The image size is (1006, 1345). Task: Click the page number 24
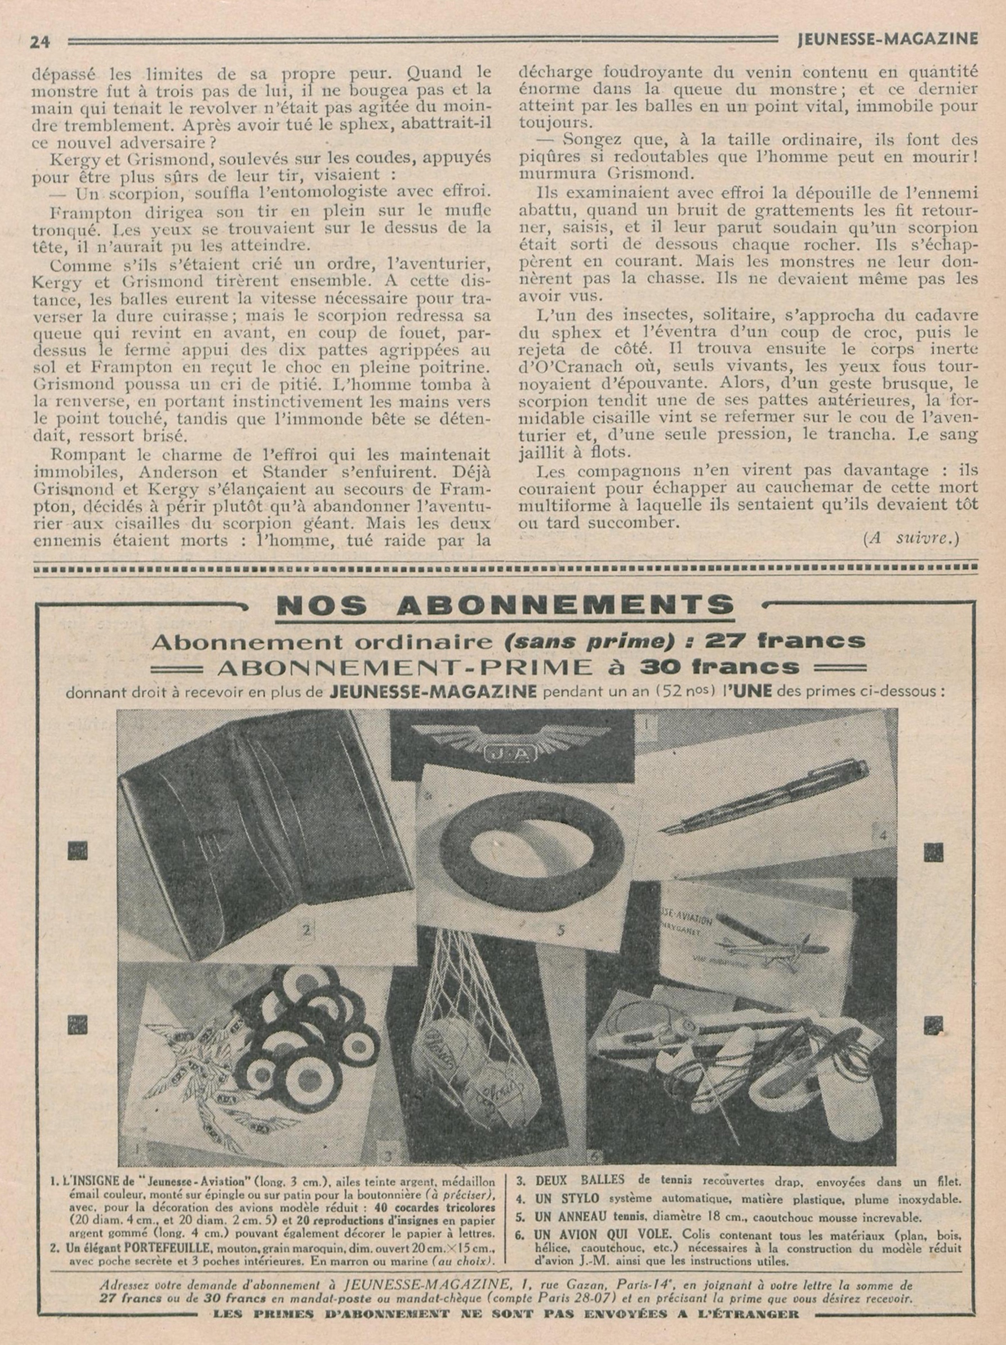[41, 41]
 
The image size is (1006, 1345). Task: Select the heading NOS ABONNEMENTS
[504, 605]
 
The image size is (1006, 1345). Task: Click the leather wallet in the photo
[243, 839]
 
